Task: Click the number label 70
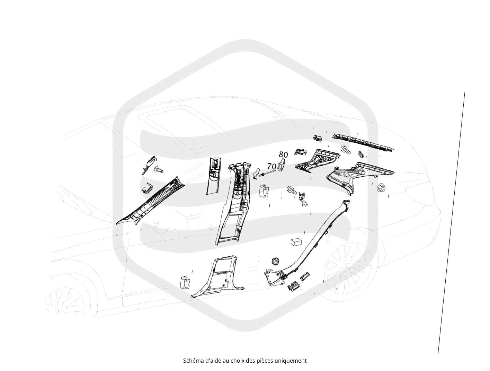pyautogui.click(x=272, y=166)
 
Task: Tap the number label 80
pyautogui.click(x=283, y=154)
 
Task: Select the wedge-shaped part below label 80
pyautogui.click(x=282, y=165)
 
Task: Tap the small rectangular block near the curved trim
pyautogui.click(x=296, y=242)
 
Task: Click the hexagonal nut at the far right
pyautogui.click(x=381, y=188)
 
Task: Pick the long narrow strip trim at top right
pyautogui.click(x=363, y=143)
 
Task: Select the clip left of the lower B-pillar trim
pyautogui.click(x=185, y=282)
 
